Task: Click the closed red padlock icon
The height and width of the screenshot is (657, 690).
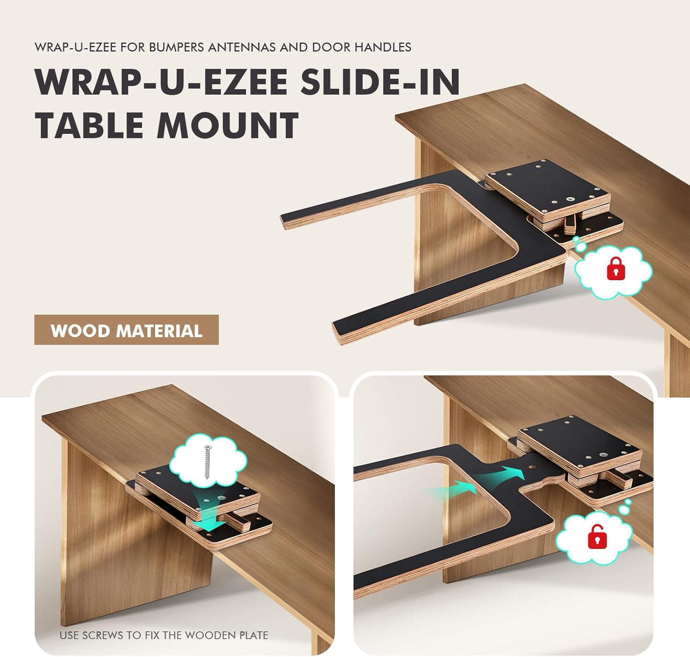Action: pos(616,269)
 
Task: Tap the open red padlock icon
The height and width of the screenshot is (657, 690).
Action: pos(597,536)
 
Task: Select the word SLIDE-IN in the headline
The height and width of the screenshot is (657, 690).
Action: pos(380,82)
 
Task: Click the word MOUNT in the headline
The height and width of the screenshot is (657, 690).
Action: pos(228,126)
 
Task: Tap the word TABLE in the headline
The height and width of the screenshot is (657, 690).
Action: pos(90,126)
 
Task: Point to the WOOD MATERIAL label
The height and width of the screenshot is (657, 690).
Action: pos(126,330)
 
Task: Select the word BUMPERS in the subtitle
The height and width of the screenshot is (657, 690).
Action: pos(177,47)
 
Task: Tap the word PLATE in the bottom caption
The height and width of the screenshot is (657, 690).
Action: pos(253,635)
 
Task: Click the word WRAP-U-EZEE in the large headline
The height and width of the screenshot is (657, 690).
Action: pos(161,82)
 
